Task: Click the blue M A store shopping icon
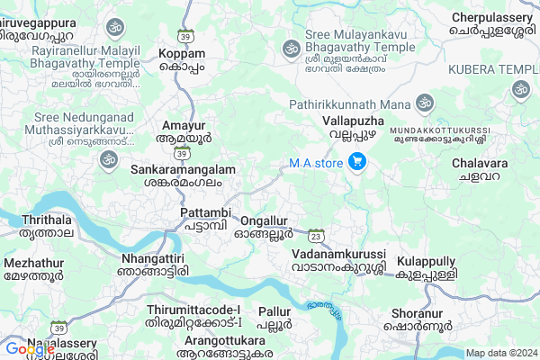(x=357, y=163)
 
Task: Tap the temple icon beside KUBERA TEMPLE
(x=519, y=89)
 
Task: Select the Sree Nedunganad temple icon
(x=109, y=159)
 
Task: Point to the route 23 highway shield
(x=315, y=236)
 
